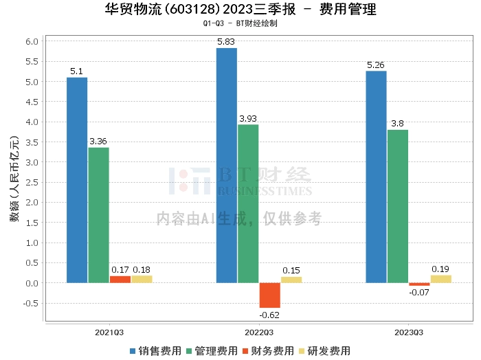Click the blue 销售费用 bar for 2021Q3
click(77, 180)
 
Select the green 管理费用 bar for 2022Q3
click(248, 203)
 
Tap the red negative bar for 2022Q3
click(270, 295)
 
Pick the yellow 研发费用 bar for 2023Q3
click(441, 279)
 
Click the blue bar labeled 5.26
click(376, 177)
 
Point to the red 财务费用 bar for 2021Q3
click(120, 280)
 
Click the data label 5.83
click(226, 42)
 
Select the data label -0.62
click(269, 315)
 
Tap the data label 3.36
click(98, 142)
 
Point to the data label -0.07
click(419, 293)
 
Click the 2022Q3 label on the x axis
click(259, 333)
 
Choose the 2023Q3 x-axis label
click(409, 333)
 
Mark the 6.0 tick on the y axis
click(32, 41)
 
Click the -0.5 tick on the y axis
click(31, 303)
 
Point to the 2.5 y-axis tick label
click(32, 183)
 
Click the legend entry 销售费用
click(156, 351)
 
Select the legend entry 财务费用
click(268, 351)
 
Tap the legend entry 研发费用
click(324, 351)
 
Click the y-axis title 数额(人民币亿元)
click(14, 179)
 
